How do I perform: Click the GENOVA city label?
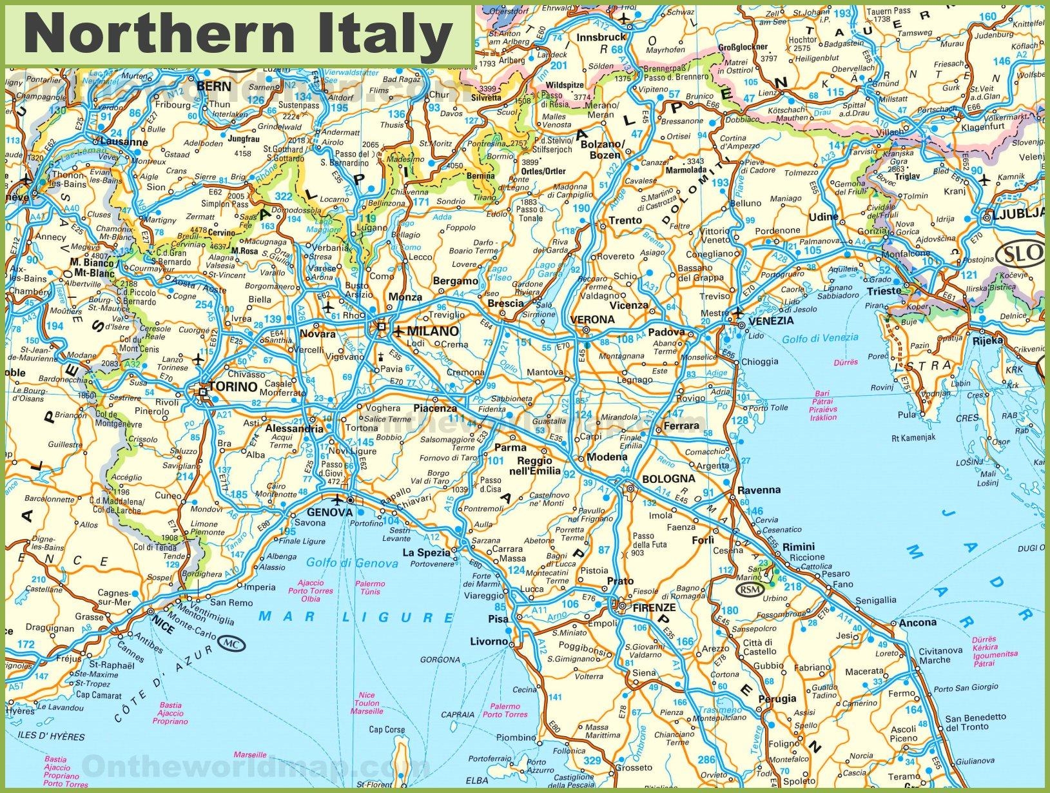tap(330, 513)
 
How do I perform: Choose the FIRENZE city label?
tap(654, 607)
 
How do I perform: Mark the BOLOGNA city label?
tap(669, 478)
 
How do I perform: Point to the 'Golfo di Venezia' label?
tap(820, 337)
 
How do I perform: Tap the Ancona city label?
tap(917, 622)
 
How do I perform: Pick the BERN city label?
tap(214, 86)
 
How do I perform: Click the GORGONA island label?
tap(440, 660)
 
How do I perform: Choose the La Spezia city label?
tap(426, 553)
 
